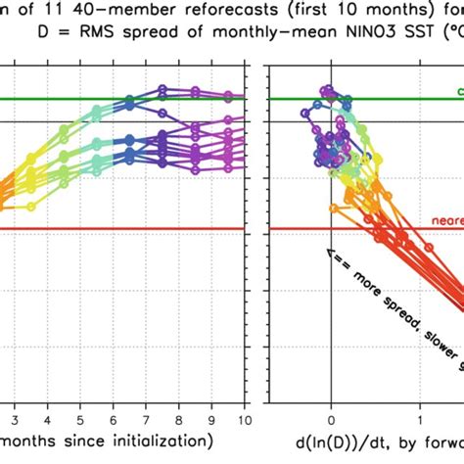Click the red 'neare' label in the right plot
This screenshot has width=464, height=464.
(x=446, y=221)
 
